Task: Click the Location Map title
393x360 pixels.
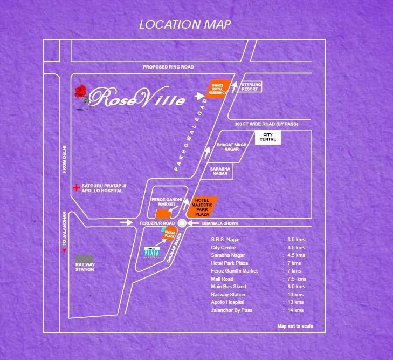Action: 185,24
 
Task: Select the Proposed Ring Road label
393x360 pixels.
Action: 168,67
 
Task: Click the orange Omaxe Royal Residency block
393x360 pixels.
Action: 219,87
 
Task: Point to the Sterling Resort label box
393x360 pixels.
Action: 251,86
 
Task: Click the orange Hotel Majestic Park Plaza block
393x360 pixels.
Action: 204,206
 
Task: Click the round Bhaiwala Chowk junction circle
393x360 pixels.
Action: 182,222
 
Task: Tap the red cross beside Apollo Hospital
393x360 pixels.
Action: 77,188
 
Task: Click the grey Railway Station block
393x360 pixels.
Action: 85,263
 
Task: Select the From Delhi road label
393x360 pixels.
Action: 64,162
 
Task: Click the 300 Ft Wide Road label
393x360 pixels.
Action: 266,125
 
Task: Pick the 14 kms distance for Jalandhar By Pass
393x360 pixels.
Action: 295,310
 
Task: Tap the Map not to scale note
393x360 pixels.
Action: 295,327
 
